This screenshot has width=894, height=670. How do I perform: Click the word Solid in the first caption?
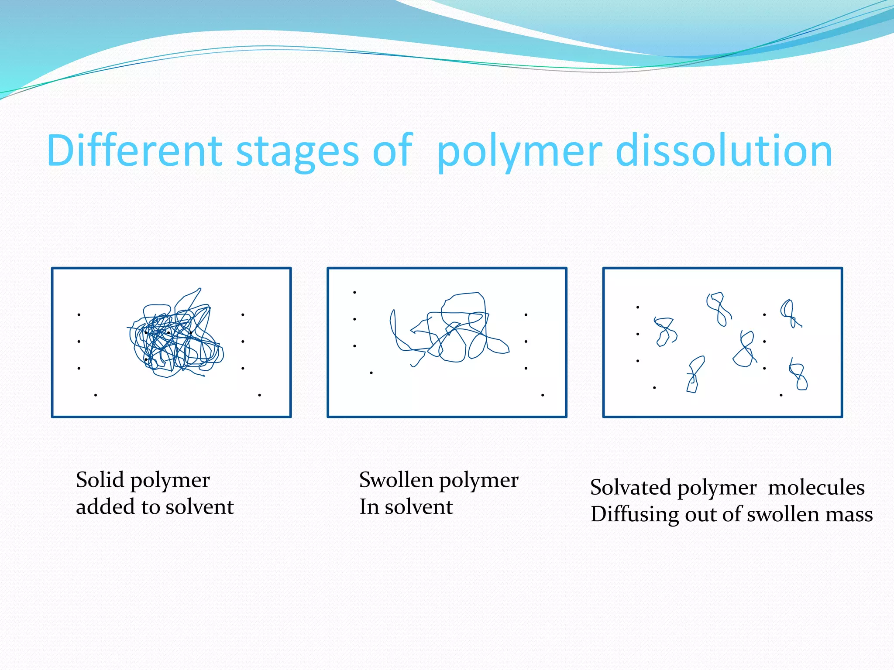(x=100, y=480)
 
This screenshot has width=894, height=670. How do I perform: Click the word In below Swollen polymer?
(x=368, y=507)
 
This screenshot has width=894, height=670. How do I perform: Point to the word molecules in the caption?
(x=816, y=487)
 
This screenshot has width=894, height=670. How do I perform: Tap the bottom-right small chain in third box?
(x=798, y=375)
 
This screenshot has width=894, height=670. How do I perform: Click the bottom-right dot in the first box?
(x=260, y=395)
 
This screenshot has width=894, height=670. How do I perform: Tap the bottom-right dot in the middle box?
(x=543, y=395)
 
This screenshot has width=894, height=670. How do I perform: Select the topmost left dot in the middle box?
(x=354, y=292)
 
